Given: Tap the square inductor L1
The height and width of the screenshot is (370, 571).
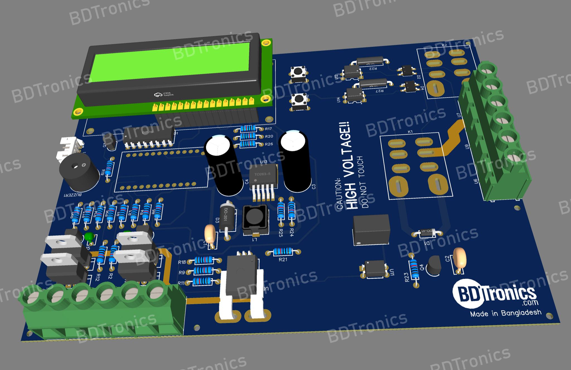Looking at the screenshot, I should click(x=255, y=219).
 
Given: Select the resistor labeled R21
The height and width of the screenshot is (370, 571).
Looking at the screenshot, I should click(x=283, y=252).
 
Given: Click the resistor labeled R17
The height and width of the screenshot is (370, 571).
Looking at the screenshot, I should click(x=248, y=129).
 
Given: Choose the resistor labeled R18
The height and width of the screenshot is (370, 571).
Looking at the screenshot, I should click(x=204, y=261).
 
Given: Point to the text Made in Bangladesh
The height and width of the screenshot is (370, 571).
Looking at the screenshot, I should click(x=505, y=313).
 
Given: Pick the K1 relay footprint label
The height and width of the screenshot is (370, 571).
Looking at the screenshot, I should click(x=410, y=132).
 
